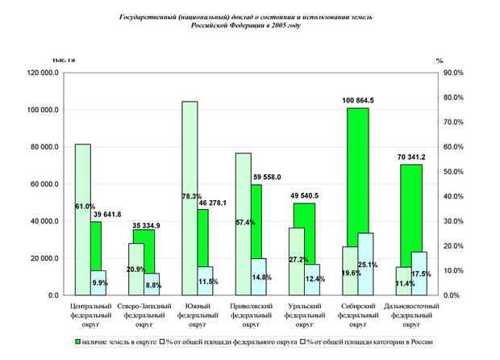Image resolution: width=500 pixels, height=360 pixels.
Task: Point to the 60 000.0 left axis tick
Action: click(x=43, y=184)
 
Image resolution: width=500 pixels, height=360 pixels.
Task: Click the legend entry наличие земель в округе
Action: click(x=120, y=342)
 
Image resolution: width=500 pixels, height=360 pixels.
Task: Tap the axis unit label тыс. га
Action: click(x=64, y=61)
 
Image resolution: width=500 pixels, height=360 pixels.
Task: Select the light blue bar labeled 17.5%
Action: click(x=419, y=278)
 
